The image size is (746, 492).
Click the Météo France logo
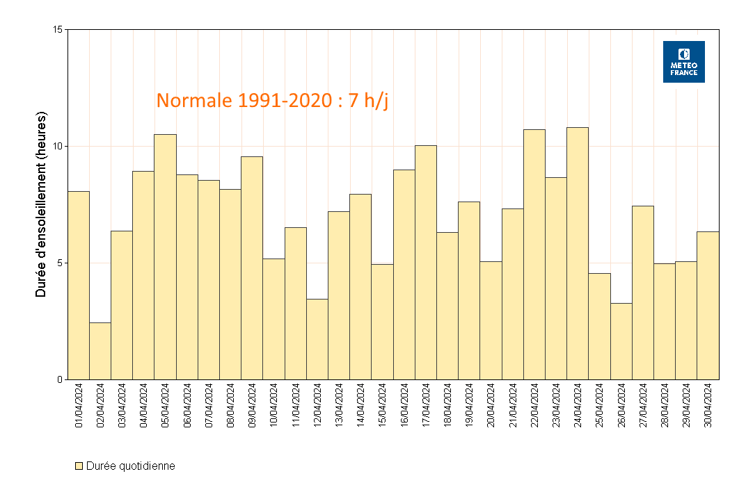point(683,62)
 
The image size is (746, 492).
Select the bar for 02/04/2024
point(100,351)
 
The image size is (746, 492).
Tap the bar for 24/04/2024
point(578,254)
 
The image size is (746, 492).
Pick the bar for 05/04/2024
point(165,257)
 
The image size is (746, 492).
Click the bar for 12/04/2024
point(317,339)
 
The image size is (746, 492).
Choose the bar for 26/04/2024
point(621,341)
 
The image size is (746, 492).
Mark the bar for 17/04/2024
point(426,263)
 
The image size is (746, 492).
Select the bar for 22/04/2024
point(534,254)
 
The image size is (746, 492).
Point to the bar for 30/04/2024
point(708,306)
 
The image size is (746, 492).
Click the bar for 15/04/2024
point(382,322)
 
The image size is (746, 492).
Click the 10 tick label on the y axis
point(58,146)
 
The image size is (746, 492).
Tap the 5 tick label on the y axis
point(60,263)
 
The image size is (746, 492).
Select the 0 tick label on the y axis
point(60,379)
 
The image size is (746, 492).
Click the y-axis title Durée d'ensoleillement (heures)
point(41,204)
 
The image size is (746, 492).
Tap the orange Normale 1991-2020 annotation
point(272,100)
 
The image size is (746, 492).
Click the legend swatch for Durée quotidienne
point(79,466)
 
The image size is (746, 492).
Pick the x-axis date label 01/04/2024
point(79,406)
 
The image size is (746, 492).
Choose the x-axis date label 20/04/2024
point(491,406)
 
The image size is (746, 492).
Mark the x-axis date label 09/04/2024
point(253,406)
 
